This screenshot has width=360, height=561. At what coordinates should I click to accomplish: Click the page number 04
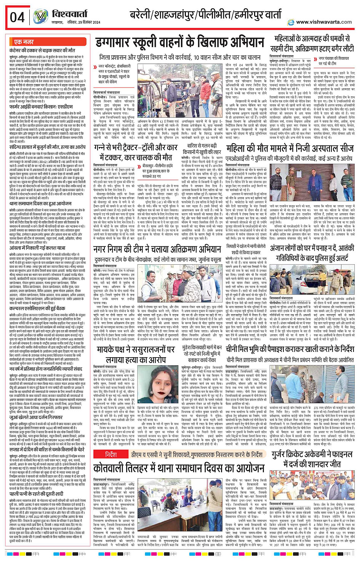point(17,17)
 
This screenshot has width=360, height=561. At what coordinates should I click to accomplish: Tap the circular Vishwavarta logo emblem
point(40,16)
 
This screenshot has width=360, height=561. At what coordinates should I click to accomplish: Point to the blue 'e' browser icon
point(291,22)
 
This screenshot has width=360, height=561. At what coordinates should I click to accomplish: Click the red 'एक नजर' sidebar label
point(24,42)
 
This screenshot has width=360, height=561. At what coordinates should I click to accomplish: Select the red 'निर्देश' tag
point(111,454)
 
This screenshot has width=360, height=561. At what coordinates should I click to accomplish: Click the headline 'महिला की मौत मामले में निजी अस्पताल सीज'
point(290,148)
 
